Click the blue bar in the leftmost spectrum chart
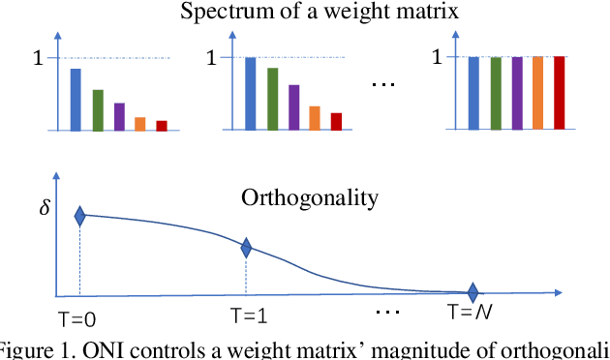point(76,100)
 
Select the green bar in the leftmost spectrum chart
point(98,109)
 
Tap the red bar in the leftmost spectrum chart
point(162,125)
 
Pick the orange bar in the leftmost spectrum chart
point(140,123)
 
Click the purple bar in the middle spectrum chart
point(293,107)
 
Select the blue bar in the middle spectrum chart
point(251,93)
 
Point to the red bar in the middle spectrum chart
point(336,121)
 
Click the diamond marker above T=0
point(80,217)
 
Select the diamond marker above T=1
point(246,248)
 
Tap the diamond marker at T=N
point(473,291)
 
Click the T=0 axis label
point(76,318)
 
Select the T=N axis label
point(472,315)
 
